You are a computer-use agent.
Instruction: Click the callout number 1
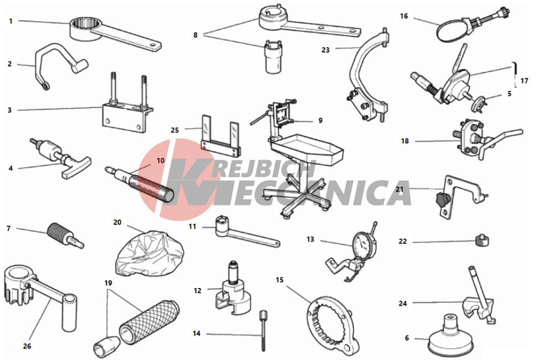tap(11, 22)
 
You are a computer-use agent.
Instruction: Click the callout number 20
tap(117, 223)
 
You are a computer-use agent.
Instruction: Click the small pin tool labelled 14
tap(263, 330)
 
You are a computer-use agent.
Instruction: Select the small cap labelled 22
tap(482, 240)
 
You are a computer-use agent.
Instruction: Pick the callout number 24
tap(403, 304)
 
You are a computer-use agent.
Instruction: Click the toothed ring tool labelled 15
tap(332, 323)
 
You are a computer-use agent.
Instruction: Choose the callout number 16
tap(404, 16)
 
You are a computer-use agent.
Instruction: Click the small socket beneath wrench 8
tap(274, 56)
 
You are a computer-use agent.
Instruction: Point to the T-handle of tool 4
tap(76, 167)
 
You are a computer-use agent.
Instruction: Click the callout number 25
tap(175, 130)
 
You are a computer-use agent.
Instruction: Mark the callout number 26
tap(27, 346)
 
